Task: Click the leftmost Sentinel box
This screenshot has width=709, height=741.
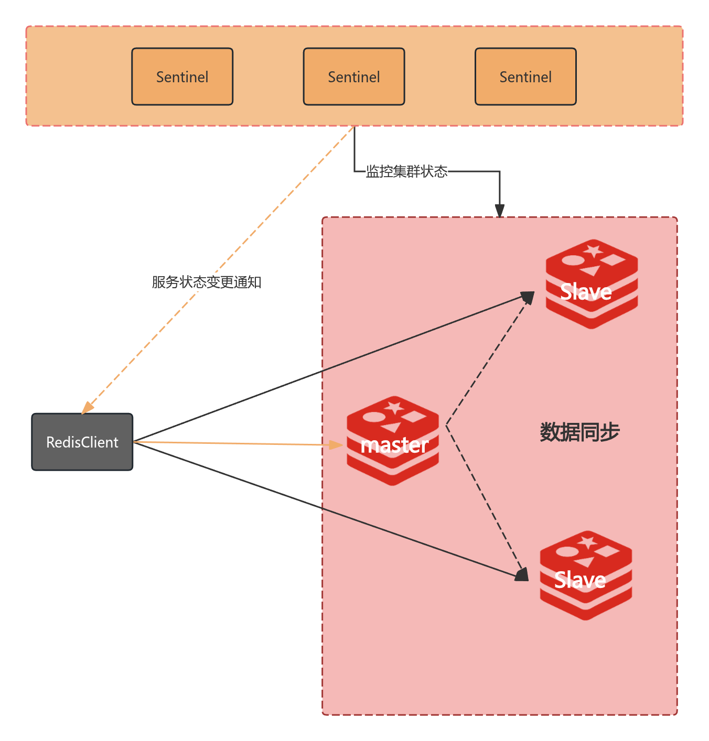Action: point(182,77)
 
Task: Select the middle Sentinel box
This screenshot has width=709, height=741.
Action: point(354,77)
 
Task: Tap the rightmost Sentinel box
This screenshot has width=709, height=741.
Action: point(525,77)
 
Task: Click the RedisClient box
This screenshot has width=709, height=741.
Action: point(82,442)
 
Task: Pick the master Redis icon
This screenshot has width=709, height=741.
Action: point(393,440)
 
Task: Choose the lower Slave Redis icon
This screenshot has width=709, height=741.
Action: point(586,575)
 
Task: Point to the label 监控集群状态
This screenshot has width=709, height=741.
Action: point(406,171)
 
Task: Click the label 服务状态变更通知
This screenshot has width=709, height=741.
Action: point(207,282)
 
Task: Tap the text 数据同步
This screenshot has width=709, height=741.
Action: point(579,432)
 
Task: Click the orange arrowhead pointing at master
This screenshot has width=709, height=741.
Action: point(336,445)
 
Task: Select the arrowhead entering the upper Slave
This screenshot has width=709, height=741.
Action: point(528,298)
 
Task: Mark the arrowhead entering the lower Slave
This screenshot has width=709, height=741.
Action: point(522,575)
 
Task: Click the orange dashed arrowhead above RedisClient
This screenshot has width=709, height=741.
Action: point(88,407)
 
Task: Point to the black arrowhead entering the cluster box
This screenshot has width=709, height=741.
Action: point(500,210)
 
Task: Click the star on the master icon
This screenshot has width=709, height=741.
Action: point(394,407)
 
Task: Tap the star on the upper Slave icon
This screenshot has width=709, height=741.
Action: point(594,250)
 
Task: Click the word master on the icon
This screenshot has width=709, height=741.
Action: point(394,445)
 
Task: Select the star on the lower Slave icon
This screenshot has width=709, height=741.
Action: point(587,542)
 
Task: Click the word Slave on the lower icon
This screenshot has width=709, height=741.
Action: point(580,580)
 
